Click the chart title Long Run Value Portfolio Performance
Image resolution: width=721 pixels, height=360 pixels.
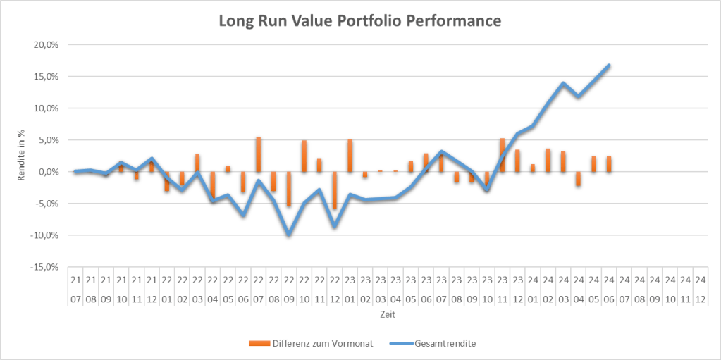point(360,21)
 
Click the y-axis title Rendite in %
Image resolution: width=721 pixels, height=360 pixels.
point(22,156)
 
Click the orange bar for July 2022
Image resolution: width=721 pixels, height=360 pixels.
point(258,154)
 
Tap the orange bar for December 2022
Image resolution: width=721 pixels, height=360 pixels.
point(334,190)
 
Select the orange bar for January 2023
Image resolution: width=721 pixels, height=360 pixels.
point(350,156)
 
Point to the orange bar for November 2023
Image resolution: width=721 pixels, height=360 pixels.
point(502,155)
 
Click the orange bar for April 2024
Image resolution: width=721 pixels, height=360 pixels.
point(578,178)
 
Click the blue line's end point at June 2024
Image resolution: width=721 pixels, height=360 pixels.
point(608,66)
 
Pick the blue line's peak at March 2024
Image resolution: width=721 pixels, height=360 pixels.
point(563,83)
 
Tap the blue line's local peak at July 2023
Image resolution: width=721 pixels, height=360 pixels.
point(441,151)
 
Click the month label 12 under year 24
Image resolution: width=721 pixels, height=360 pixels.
point(700,298)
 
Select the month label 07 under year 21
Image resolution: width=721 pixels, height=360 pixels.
point(75,298)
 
